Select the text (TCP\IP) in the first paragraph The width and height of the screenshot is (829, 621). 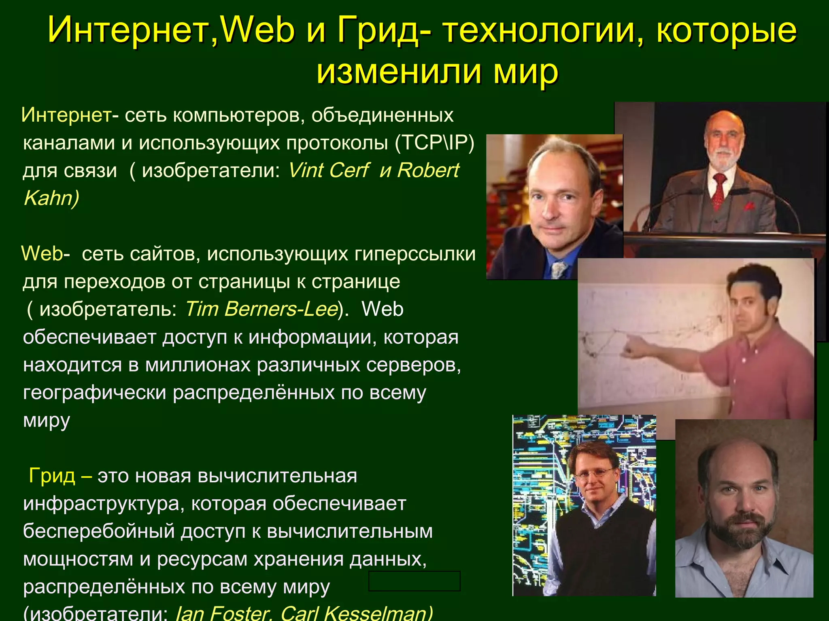click(x=435, y=142)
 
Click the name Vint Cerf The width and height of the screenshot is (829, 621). click(x=328, y=170)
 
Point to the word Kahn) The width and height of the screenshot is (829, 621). click(x=51, y=198)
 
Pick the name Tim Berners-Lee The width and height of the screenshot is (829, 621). click(x=261, y=309)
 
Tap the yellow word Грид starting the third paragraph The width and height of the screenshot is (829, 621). click(x=52, y=475)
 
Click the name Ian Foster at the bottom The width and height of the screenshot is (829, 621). click(x=222, y=613)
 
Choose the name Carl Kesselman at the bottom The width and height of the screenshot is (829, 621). click(x=356, y=613)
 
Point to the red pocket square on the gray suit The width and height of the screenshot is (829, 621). click(x=749, y=206)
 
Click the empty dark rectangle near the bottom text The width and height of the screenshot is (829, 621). click(x=414, y=581)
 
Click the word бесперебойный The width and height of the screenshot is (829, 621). click(x=98, y=531)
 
